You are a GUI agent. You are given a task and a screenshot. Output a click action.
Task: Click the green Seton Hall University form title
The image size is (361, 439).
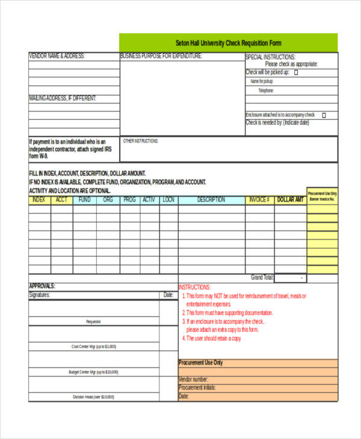(x=228, y=43)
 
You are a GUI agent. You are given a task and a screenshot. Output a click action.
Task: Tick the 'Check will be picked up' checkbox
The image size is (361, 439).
(x=295, y=72)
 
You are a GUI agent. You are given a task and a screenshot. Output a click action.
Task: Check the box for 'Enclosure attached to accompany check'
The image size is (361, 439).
(x=324, y=115)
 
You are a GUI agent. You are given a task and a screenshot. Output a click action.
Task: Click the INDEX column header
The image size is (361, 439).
(x=39, y=200)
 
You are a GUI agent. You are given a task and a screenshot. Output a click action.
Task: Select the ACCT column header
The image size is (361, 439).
(x=62, y=200)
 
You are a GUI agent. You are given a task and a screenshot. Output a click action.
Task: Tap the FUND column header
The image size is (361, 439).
(x=85, y=200)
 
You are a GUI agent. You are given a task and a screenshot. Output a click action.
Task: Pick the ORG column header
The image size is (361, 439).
(x=108, y=200)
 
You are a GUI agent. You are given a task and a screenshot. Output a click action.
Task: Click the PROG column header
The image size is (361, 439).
(x=129, y=200)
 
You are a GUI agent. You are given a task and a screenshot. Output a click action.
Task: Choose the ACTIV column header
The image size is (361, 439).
(x=149, y=200)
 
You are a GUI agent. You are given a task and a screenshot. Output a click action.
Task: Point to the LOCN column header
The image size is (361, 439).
(x=168, y=200)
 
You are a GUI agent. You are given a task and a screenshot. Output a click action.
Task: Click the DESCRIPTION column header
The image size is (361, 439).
(x=211, y=200)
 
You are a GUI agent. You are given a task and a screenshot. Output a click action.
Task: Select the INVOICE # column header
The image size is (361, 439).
(x=259, y=200)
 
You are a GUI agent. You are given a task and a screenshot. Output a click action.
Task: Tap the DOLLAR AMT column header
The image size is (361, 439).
(x=290, y=200)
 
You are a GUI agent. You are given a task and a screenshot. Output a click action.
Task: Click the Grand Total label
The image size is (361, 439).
(x=262, y=278)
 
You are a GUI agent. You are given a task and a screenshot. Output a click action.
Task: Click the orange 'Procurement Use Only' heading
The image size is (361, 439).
(x=201, y=363)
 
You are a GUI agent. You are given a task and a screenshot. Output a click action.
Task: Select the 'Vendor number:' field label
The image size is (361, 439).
(x=194, y=379)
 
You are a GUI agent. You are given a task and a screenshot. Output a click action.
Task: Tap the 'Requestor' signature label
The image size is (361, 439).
(x=93, y=322)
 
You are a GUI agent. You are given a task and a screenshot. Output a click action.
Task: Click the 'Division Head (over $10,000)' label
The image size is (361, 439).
(x=93, y=397)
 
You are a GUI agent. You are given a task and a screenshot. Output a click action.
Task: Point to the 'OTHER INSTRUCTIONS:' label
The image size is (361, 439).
(x=140, y=141)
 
